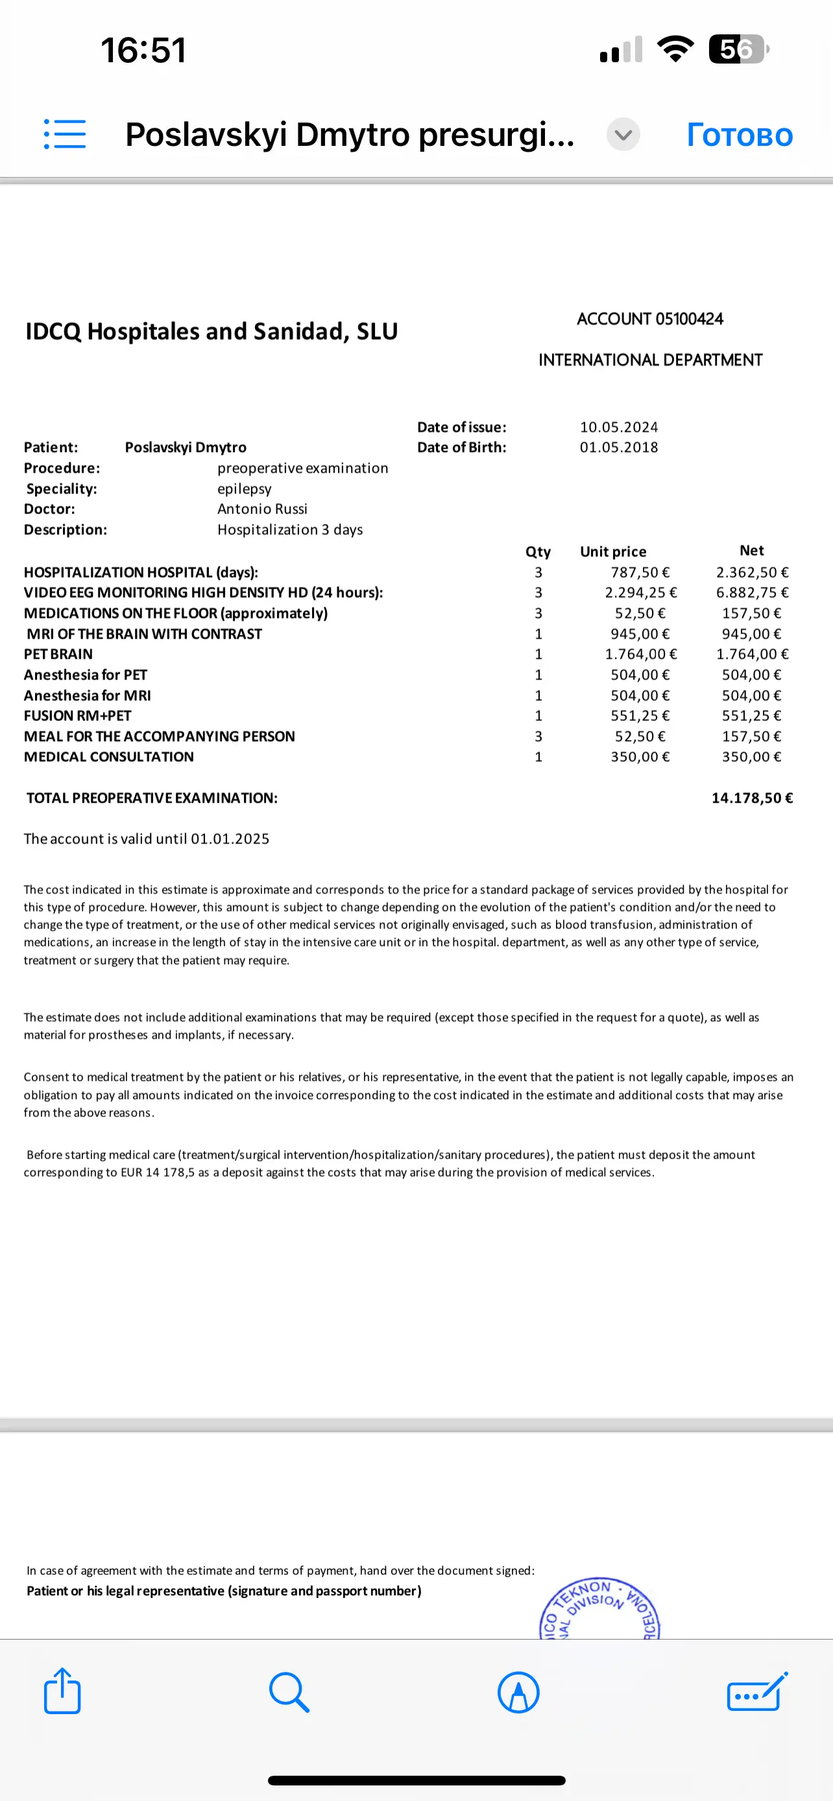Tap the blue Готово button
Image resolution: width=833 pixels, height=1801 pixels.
tap(740, 135)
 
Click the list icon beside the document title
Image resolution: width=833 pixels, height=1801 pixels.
tap(65, 134)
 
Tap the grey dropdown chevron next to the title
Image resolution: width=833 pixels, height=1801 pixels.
tap(622, 134)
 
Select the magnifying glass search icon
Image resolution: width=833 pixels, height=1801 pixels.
tap(289, 1691)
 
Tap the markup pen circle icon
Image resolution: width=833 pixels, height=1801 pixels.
tap(518, 1692)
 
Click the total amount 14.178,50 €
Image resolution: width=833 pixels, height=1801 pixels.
tap(752, 797)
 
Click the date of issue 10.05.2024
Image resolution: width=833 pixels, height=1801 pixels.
tap(618, 427)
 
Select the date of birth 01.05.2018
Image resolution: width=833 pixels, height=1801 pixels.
tap(618, 447)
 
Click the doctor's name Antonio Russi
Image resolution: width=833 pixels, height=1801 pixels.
tap(262, 509)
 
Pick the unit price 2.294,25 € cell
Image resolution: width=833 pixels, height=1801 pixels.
tap(641, 593)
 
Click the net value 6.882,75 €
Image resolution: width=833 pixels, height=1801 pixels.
tap(752, 593)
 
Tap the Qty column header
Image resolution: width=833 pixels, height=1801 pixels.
tap(538, 552)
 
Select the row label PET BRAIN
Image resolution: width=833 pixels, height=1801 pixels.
tap(58, 654)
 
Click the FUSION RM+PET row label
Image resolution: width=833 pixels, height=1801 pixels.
tap(78, 716)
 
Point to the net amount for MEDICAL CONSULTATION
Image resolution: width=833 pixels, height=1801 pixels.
tap(751, 757)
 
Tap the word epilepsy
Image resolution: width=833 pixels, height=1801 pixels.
tap(244, 489)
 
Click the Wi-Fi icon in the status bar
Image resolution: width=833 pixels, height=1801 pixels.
tap(675, 49)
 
